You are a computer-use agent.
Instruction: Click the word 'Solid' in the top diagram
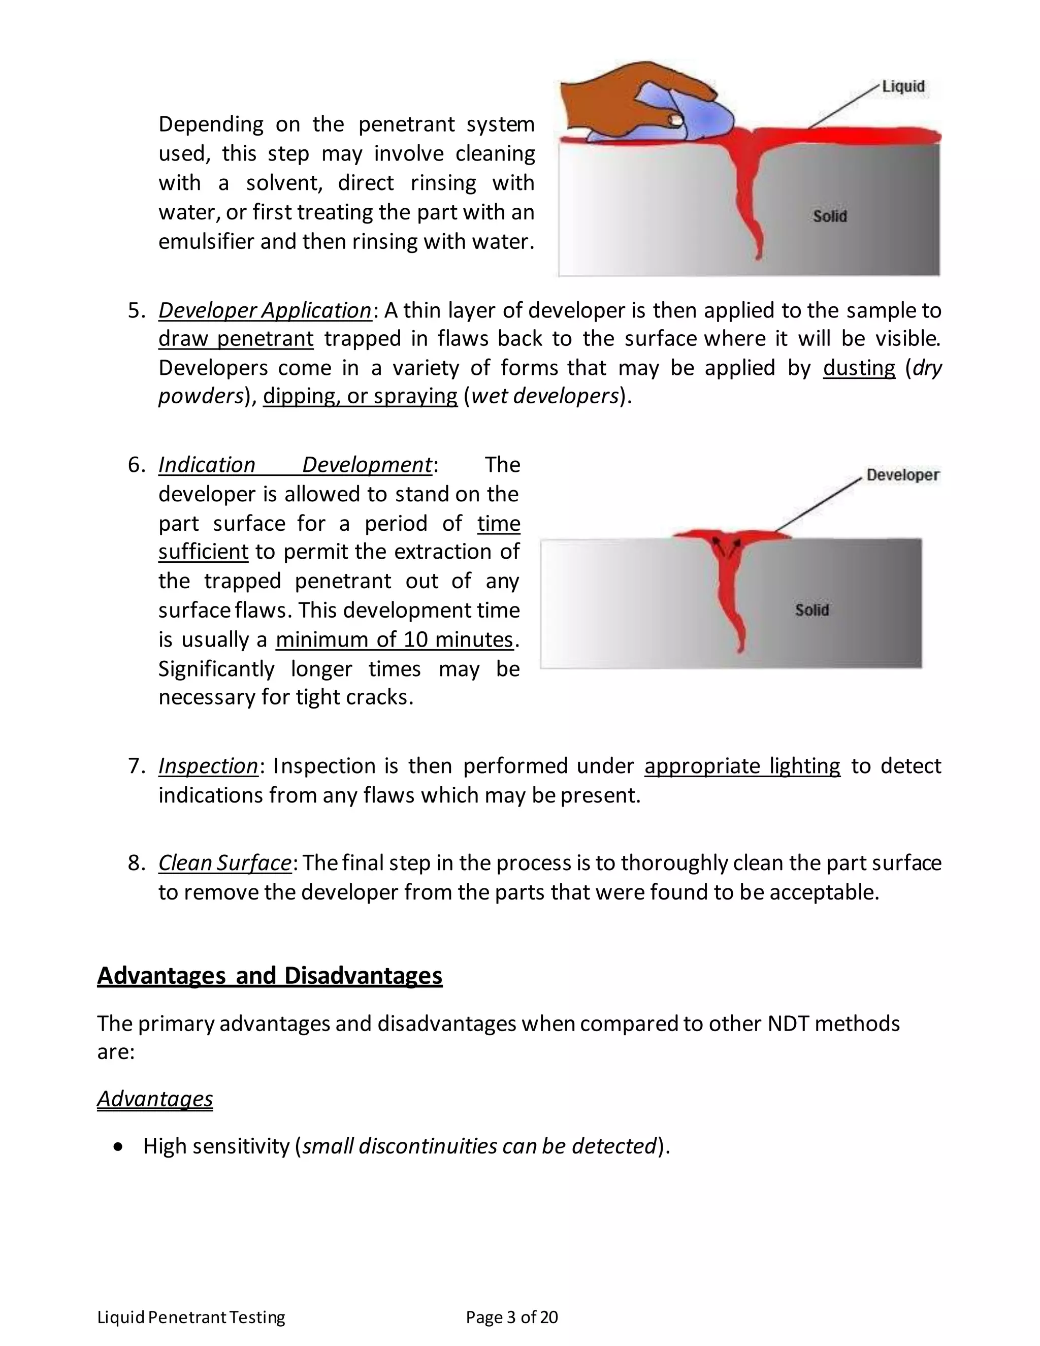[x=829, y=216]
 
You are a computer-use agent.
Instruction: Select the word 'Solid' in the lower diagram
[x=811, y=610]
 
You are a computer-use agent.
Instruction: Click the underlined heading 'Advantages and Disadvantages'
[x=269, y=976]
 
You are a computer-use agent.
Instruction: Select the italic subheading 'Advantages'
[x=155, y=1099]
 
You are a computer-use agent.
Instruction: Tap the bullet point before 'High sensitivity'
[x=119, y=1147]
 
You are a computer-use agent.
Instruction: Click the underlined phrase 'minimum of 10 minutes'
[x=394, y=639]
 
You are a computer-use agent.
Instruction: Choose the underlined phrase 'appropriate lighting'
[x=742, y=765]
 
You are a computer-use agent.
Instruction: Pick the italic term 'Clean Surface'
[x=224, y=863]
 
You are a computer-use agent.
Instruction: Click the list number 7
[x=135, y=766]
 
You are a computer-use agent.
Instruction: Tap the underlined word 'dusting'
[x=859, y=367]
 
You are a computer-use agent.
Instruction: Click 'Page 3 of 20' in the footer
[x=511, y=1317]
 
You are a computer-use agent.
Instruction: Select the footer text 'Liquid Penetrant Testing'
[x=191, y=1317]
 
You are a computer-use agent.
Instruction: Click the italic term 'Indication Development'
[x=296, y=465]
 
